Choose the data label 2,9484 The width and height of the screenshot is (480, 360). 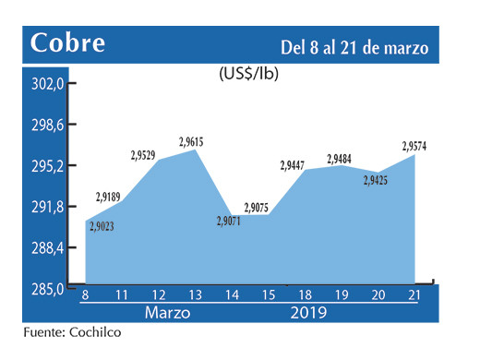(344, 159)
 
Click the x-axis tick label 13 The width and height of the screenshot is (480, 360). (196, 294)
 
